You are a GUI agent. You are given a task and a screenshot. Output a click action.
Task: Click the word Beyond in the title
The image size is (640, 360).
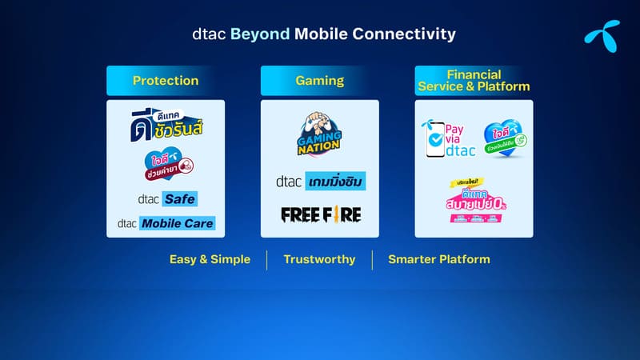click(x=260, y=34)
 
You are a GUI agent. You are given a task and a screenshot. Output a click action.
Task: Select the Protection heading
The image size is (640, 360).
click(x=166, y=81)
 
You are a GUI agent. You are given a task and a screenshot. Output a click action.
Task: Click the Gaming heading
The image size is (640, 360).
click(x=320, y=81)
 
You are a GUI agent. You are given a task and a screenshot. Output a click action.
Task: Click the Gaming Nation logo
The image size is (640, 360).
click(x=319, y=134)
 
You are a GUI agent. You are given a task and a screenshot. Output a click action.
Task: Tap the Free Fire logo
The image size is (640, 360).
click(x=320, y=214)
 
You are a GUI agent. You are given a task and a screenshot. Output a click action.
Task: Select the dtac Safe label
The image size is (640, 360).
click(x=166, y=198)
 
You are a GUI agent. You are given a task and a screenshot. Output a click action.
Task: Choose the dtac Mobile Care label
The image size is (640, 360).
click(x=166, y=223)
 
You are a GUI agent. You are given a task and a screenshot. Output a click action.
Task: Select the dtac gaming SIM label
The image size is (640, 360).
click(x=320, y=182)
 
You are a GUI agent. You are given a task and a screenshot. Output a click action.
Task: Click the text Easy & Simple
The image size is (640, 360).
click(x=210, y=259)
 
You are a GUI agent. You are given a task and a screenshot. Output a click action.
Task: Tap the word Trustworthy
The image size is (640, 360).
click(x=319, y=259)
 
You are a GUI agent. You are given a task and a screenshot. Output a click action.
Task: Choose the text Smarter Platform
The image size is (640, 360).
click(x=439, y=259)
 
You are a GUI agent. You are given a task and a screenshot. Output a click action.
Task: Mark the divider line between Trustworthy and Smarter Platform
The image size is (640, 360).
click(x=372, y=259)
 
